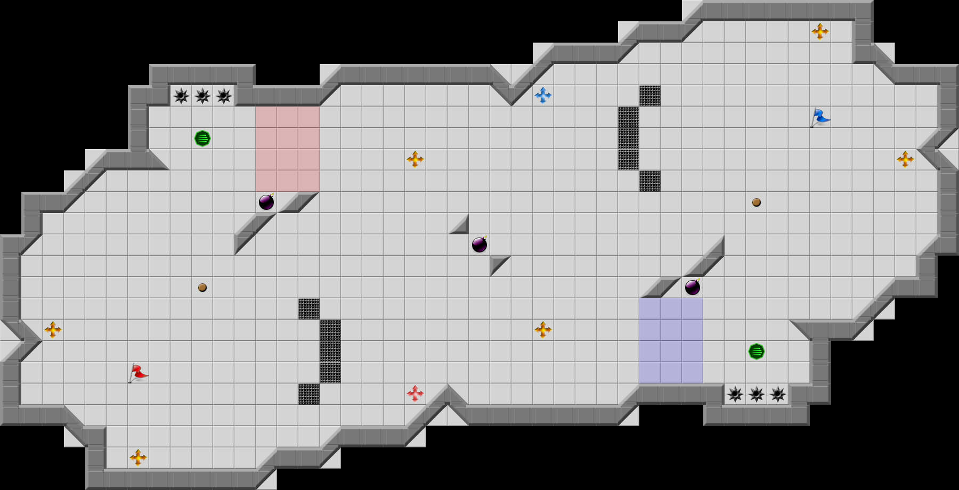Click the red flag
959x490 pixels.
138,372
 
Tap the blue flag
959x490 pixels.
820,117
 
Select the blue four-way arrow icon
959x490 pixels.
543,95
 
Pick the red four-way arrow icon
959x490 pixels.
415,394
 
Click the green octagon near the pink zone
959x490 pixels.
202,138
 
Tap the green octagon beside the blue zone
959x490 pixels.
757,352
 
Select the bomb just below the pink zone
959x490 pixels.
266,202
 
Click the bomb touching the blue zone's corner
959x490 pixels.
692,288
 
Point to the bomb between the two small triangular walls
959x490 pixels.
479,245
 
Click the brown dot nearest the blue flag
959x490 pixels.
757,202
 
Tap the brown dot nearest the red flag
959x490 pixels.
202,288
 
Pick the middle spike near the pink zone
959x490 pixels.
202,96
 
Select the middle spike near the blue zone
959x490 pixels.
757,394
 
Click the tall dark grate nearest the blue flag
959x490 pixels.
629,138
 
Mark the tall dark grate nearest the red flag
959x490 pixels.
330,352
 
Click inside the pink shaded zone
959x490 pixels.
288,149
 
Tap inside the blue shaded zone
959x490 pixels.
671,341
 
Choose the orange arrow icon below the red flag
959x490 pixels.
138,458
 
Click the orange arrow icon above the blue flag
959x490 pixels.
820,31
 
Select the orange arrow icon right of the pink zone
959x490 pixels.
415,159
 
